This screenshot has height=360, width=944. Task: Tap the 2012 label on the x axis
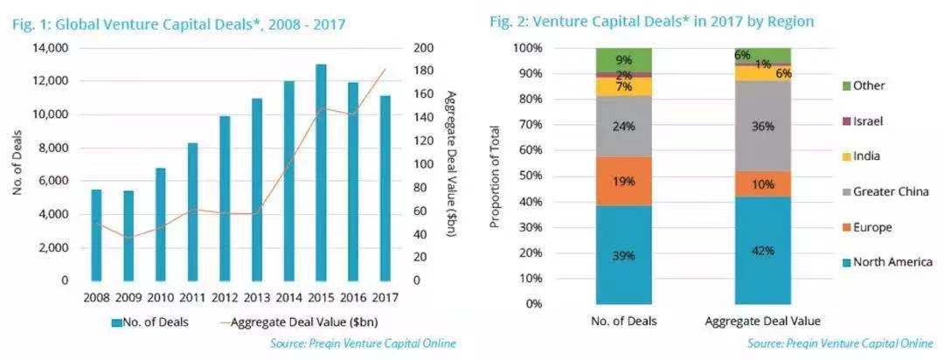pyautogui.click(x=226, y=297)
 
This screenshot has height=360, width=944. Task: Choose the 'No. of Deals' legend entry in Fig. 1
pyautogui.click(x=149, y=322)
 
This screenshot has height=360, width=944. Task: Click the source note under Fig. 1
pyautogui.click(x=363, y=343)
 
